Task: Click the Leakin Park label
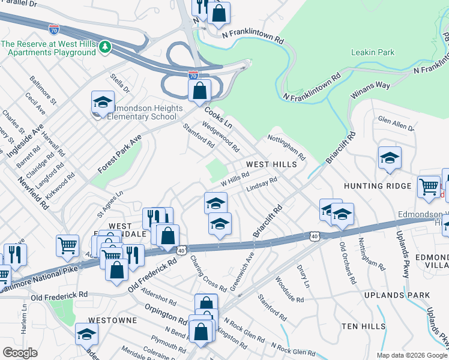[x=373, y=52]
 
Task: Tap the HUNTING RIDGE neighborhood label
[x=377, y=186]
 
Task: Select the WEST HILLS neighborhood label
[x=271, y=164]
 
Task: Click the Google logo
[x=20, y=352]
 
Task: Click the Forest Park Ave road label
[x=119, y=154]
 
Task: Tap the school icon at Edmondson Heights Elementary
[x=103, y=103]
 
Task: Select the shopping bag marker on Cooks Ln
[x=199, y=92]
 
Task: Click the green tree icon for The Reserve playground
[x=105, y=46]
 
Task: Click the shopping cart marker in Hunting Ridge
[x=429, y=187]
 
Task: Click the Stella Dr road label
[x=120, y=83]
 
